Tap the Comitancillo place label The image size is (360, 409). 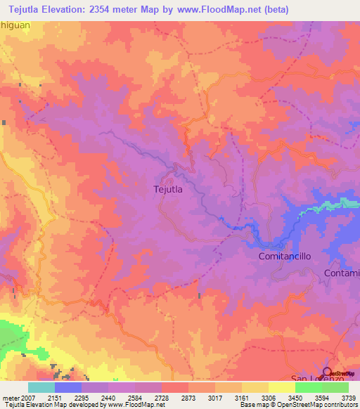click(279, 257)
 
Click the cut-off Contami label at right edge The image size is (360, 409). click(342, 273)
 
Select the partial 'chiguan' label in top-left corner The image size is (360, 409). click(16, 25)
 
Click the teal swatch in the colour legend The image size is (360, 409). click(41, 387)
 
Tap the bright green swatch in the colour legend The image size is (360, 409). click(308, 387)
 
